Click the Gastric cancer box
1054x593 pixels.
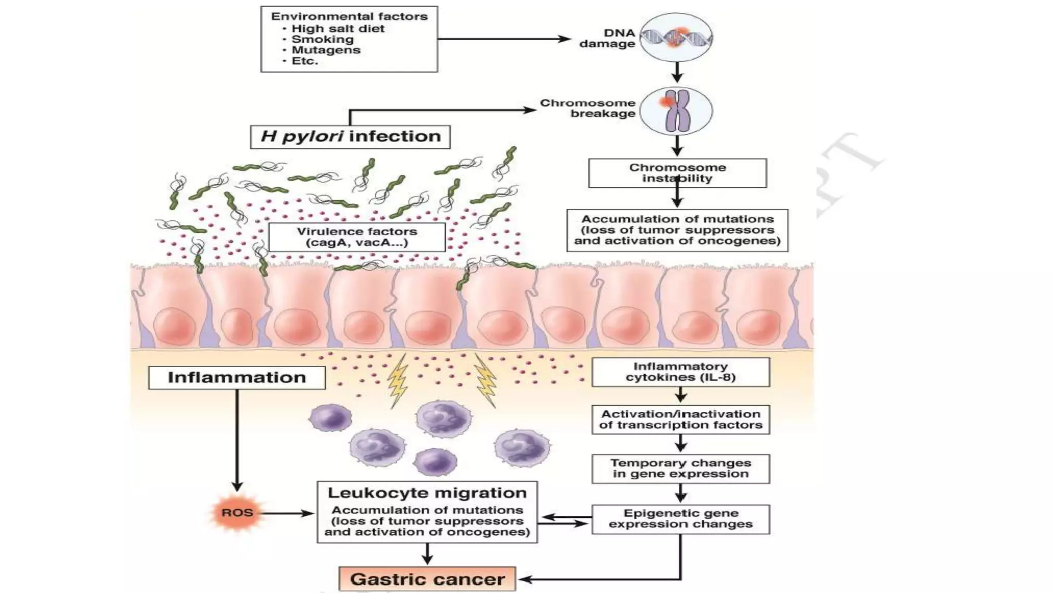pyautogui.click(x=427, y=579)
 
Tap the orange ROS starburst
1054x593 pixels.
pyautogui.click(x=237, y=513)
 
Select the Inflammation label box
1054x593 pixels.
pyautogui.click(x=237, y=377)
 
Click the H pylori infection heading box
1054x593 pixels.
pyautogui.click(x=350, y=136)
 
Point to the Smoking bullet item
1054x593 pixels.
pyautogui.click(x=322, y=40)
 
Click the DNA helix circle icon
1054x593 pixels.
pyautogui.click(x=676, y=37)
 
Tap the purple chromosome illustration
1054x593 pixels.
pyautogui.click(x=677, y=111)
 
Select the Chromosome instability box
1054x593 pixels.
pyautogui.click(x=677, y=172)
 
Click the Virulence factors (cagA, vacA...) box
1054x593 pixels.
pyautogui.click(x=357, y=237)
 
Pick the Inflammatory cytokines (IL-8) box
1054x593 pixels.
pyautogui.click(x=680, y=372)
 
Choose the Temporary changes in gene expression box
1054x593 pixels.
pyautogui.click(x=680, y=468)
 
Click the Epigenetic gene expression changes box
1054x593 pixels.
pyautogui.click(x=680, y=519)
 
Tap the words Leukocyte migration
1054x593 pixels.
pyautogui.click(x=427, y=493)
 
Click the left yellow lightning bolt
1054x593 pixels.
pyautogui.click(x=398, y=381)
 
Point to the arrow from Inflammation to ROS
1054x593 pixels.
pyautogui.click(x=237, y=438)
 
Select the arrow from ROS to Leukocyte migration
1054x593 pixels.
pyautogui.click(x=286, y=513)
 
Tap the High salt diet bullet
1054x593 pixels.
pyautogui.click(x=338, y=29)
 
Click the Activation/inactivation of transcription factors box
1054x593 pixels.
pyautogui.click(x=680, y=420)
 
